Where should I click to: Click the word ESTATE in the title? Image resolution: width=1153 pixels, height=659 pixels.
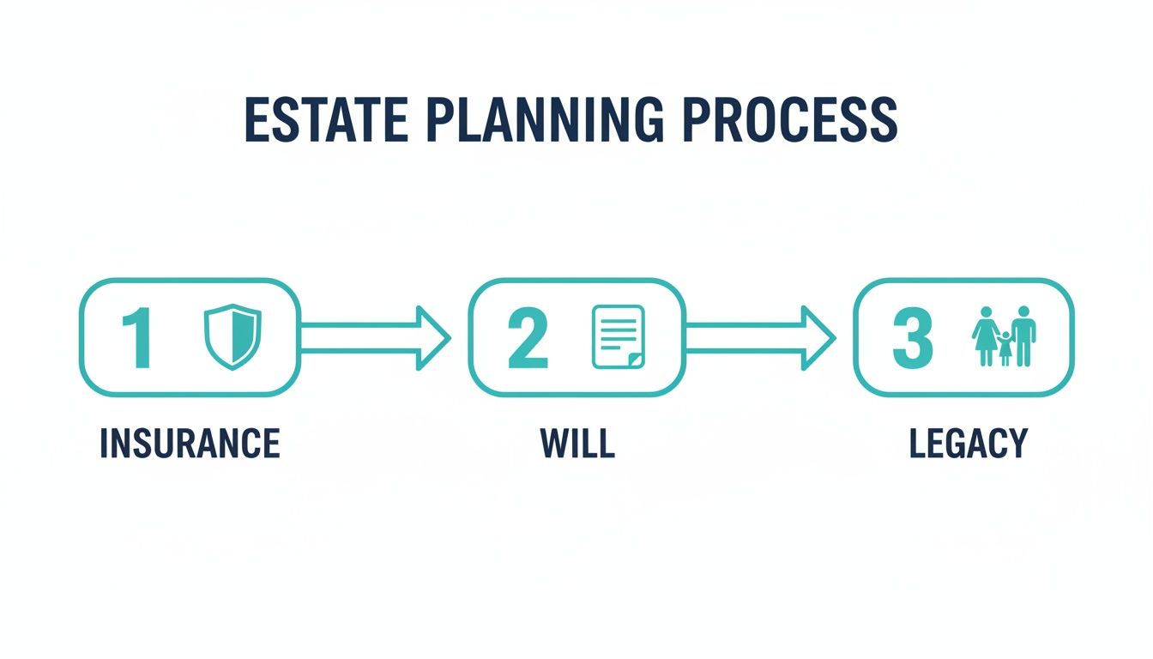click(326, 120)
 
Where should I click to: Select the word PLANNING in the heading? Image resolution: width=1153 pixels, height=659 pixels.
click(543, 120)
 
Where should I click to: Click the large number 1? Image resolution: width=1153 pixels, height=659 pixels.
click(138, 339)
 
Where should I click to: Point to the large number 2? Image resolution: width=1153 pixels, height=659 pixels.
click(528, 339)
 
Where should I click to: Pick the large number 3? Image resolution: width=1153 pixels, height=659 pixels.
click(912, 339)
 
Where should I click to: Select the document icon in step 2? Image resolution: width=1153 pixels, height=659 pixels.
click(618, 337)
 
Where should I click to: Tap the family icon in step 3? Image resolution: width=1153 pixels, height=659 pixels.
click(1004, 336)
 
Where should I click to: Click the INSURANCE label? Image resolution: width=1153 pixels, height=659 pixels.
click(190, 444)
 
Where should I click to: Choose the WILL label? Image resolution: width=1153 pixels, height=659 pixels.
click(577, 444)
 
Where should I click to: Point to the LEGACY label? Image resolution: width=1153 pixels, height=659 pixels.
click(968, 444)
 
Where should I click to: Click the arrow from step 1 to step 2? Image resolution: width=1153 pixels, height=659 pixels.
click(374, 338)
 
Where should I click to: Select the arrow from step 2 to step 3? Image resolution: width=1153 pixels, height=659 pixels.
click(759, 338)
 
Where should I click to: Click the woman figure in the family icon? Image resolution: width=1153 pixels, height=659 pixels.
click(985, 335)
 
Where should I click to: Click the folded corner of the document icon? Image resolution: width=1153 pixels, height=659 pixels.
click(634, 360)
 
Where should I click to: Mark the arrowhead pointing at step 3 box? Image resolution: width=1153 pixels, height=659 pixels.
click(819, 338)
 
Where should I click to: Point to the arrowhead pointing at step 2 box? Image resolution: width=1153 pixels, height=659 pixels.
click(434, 338)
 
